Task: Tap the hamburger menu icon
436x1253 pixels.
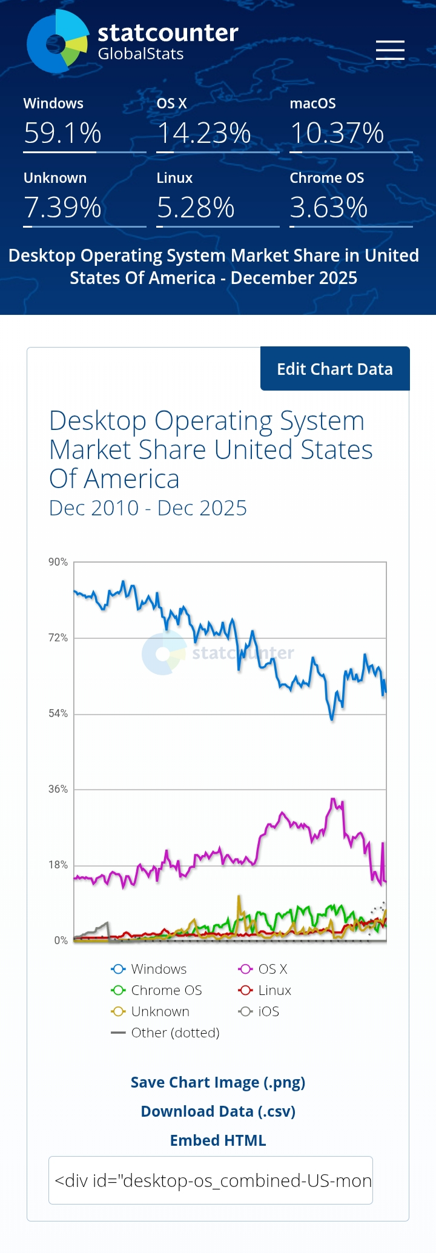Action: point(390,50)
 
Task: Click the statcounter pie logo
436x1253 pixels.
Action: point(58,42)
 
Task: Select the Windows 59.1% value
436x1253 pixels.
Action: point(62,133)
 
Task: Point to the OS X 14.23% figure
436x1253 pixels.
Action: point(204,133)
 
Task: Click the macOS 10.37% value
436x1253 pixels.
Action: point(337,133)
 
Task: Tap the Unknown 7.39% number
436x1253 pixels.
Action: point(62,208)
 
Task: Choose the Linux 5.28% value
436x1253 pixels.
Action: point(196,208)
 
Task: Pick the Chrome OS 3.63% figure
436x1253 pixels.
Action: point(329,208)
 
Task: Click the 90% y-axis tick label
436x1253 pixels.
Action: point(58,562)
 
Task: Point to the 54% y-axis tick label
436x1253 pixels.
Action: point(58,713)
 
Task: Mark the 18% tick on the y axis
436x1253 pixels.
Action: point(58,865)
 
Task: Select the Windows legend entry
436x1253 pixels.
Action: point(150,969)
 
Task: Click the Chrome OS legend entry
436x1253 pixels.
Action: point(157,990)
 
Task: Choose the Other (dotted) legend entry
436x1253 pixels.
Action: point(165,1033)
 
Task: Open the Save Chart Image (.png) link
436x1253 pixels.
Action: point(218,1082)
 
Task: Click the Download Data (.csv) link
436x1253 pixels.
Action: point(218,1111)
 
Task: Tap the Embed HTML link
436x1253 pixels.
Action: point(218,1140)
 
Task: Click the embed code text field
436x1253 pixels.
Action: point(211,1180)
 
